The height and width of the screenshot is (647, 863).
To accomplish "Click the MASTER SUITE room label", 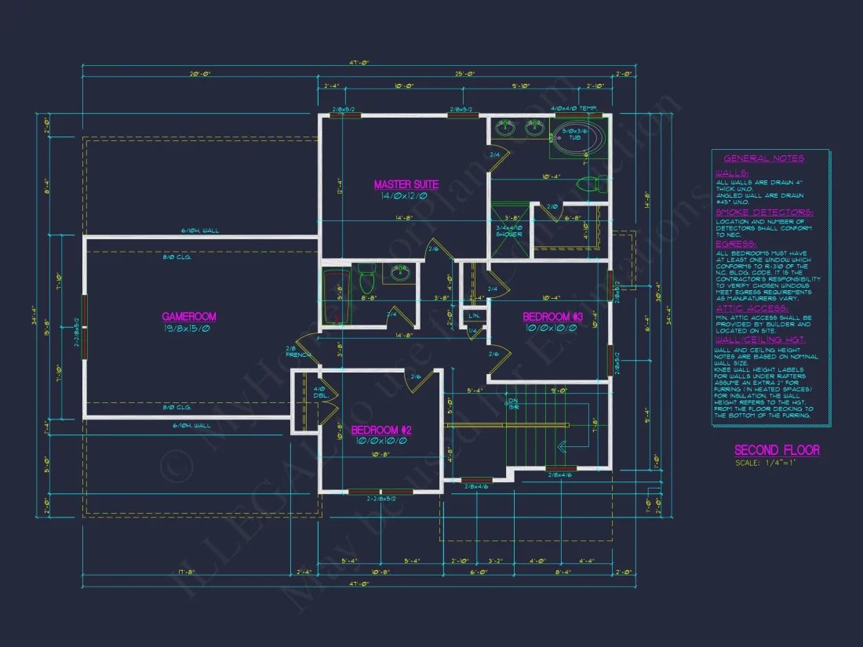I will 406,185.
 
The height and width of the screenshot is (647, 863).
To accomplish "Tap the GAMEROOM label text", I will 189,317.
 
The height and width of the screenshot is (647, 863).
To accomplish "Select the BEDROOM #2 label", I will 381,431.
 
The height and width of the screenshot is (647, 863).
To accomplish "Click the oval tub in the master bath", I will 579,139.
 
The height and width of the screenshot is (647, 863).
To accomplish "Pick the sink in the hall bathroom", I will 401,274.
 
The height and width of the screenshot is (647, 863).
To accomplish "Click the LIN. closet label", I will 474,315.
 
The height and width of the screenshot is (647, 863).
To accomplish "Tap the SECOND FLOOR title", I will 776,450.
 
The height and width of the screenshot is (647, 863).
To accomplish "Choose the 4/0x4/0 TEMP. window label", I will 574,108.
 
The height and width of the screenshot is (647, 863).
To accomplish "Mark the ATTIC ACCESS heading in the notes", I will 752,309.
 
